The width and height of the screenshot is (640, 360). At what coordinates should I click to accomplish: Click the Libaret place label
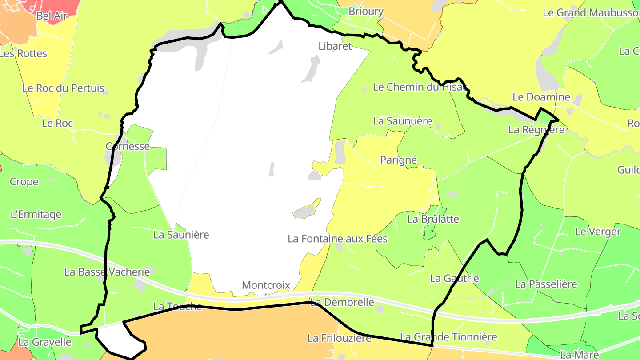[335, 46]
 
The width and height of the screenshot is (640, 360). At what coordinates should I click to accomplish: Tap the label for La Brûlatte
[433, 219]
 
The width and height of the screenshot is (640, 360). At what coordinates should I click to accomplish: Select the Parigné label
[399, 160]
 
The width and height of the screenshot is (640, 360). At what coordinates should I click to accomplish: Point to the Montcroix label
[266, 285]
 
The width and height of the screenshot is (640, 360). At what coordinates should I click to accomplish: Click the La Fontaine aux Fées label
[337, 239]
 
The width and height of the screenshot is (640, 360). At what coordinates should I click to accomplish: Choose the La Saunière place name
[181, 235]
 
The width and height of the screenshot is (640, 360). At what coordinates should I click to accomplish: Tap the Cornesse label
[128, 146]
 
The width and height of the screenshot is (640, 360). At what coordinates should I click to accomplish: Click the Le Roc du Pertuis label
[63, 88]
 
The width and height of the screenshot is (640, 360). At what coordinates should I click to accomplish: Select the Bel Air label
[52, 16]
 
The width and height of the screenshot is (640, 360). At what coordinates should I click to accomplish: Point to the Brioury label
[366, 12]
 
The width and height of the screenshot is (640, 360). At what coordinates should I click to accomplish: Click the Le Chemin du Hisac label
[420, 87]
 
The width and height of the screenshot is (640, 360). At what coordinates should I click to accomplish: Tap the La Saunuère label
[403, 121]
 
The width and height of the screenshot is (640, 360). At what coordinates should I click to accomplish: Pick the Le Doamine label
[541, 97]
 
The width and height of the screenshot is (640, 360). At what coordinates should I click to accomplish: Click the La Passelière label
[546, 284]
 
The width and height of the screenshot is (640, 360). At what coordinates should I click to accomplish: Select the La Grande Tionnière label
[448, 337]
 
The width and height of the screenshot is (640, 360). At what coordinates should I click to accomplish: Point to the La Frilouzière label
[339, 338]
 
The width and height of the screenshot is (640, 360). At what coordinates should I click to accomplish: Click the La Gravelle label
[45, 342]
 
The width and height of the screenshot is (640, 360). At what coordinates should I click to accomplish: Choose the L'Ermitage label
[36, 215]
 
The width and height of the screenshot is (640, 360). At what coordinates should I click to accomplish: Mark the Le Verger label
[598, 232]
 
